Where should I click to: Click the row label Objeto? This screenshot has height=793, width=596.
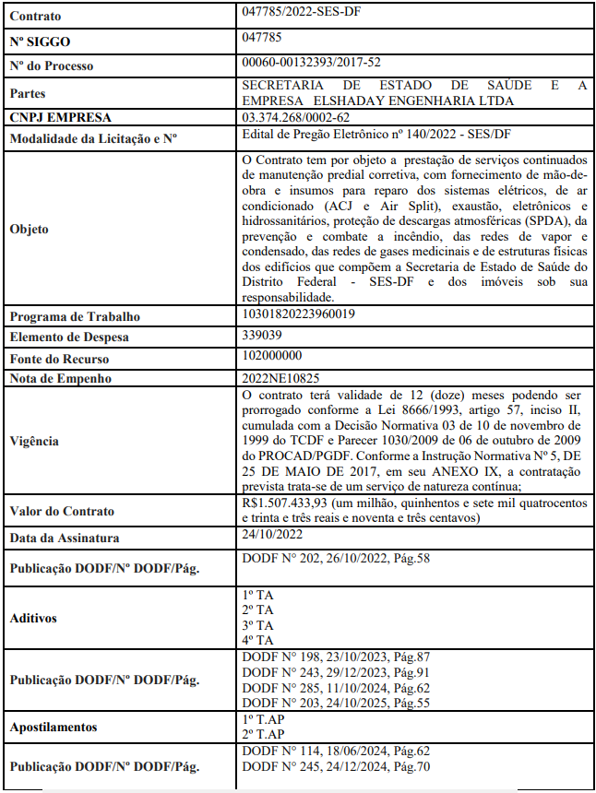click(29, 229)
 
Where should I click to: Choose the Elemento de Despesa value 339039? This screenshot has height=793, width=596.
click(262, 336)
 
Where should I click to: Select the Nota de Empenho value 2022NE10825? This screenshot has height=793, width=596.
click(280, 377)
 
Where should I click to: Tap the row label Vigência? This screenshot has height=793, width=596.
click(34, 441)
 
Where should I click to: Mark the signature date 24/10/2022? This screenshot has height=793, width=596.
click(272, 534)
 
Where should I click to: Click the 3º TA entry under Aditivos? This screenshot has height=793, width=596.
click(257, 624)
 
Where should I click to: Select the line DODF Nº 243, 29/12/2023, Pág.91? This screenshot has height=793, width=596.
click(336, 672)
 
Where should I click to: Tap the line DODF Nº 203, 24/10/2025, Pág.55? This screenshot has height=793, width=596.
click(336, 704)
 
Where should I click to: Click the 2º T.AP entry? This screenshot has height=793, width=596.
click(263, 735)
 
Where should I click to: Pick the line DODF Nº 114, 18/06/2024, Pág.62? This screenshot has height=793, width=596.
click(336, 752)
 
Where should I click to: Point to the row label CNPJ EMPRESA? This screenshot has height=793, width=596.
click(60, 118)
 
